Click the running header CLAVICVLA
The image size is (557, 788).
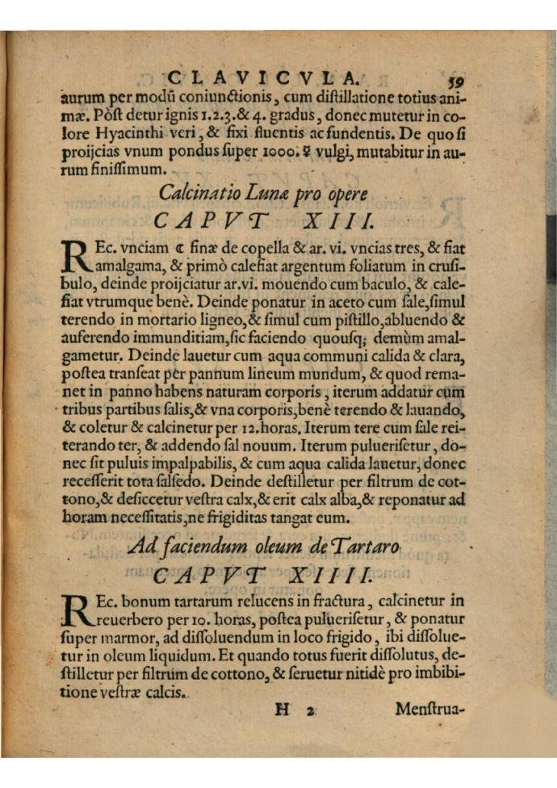(262, 78)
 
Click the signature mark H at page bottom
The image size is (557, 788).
(282, 710)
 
